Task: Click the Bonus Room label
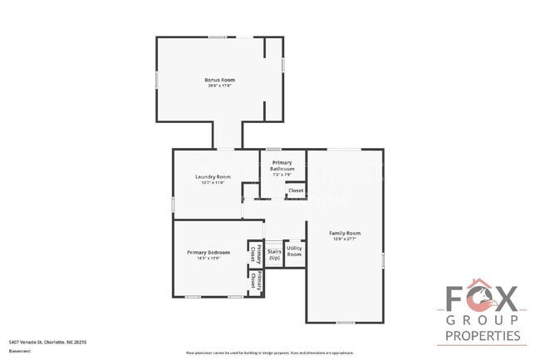(216, 79)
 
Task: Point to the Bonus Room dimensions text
(216, 85)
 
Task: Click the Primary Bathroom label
(282, 165)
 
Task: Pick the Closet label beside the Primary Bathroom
(295, 191)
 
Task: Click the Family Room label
(344, 233)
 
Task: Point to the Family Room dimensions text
(344, 239)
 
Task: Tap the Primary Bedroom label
(208, 252)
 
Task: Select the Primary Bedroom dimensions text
(208, 258)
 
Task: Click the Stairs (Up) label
(274, 254)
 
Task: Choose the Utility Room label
(295, 250)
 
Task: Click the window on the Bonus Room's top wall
(218, 37)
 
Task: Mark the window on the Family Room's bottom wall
(345, 322)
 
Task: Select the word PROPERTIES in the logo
(483, 337)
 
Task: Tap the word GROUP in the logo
(483, 320)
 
